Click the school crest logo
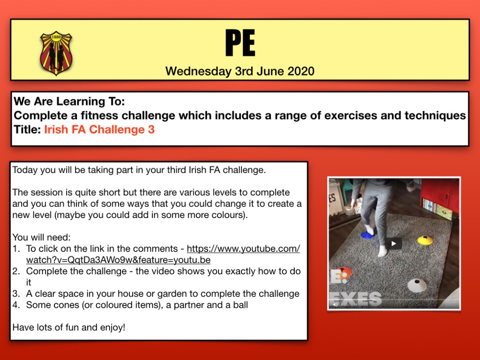pos(56,53)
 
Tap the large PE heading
pos(240,43)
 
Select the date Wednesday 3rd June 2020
pos(240,72)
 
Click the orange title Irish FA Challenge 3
pos(99,129)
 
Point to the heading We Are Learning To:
pos(69,101)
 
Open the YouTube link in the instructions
pos(163,254)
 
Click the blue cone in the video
pos(367,235)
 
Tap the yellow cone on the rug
pos(425,240)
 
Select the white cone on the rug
pos(417,285)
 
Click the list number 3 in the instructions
pos(16,294)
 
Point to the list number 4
pos(16,305)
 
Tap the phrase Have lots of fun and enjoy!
pos(69,328)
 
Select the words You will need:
pos(41,237)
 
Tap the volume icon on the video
pos(335,304)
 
